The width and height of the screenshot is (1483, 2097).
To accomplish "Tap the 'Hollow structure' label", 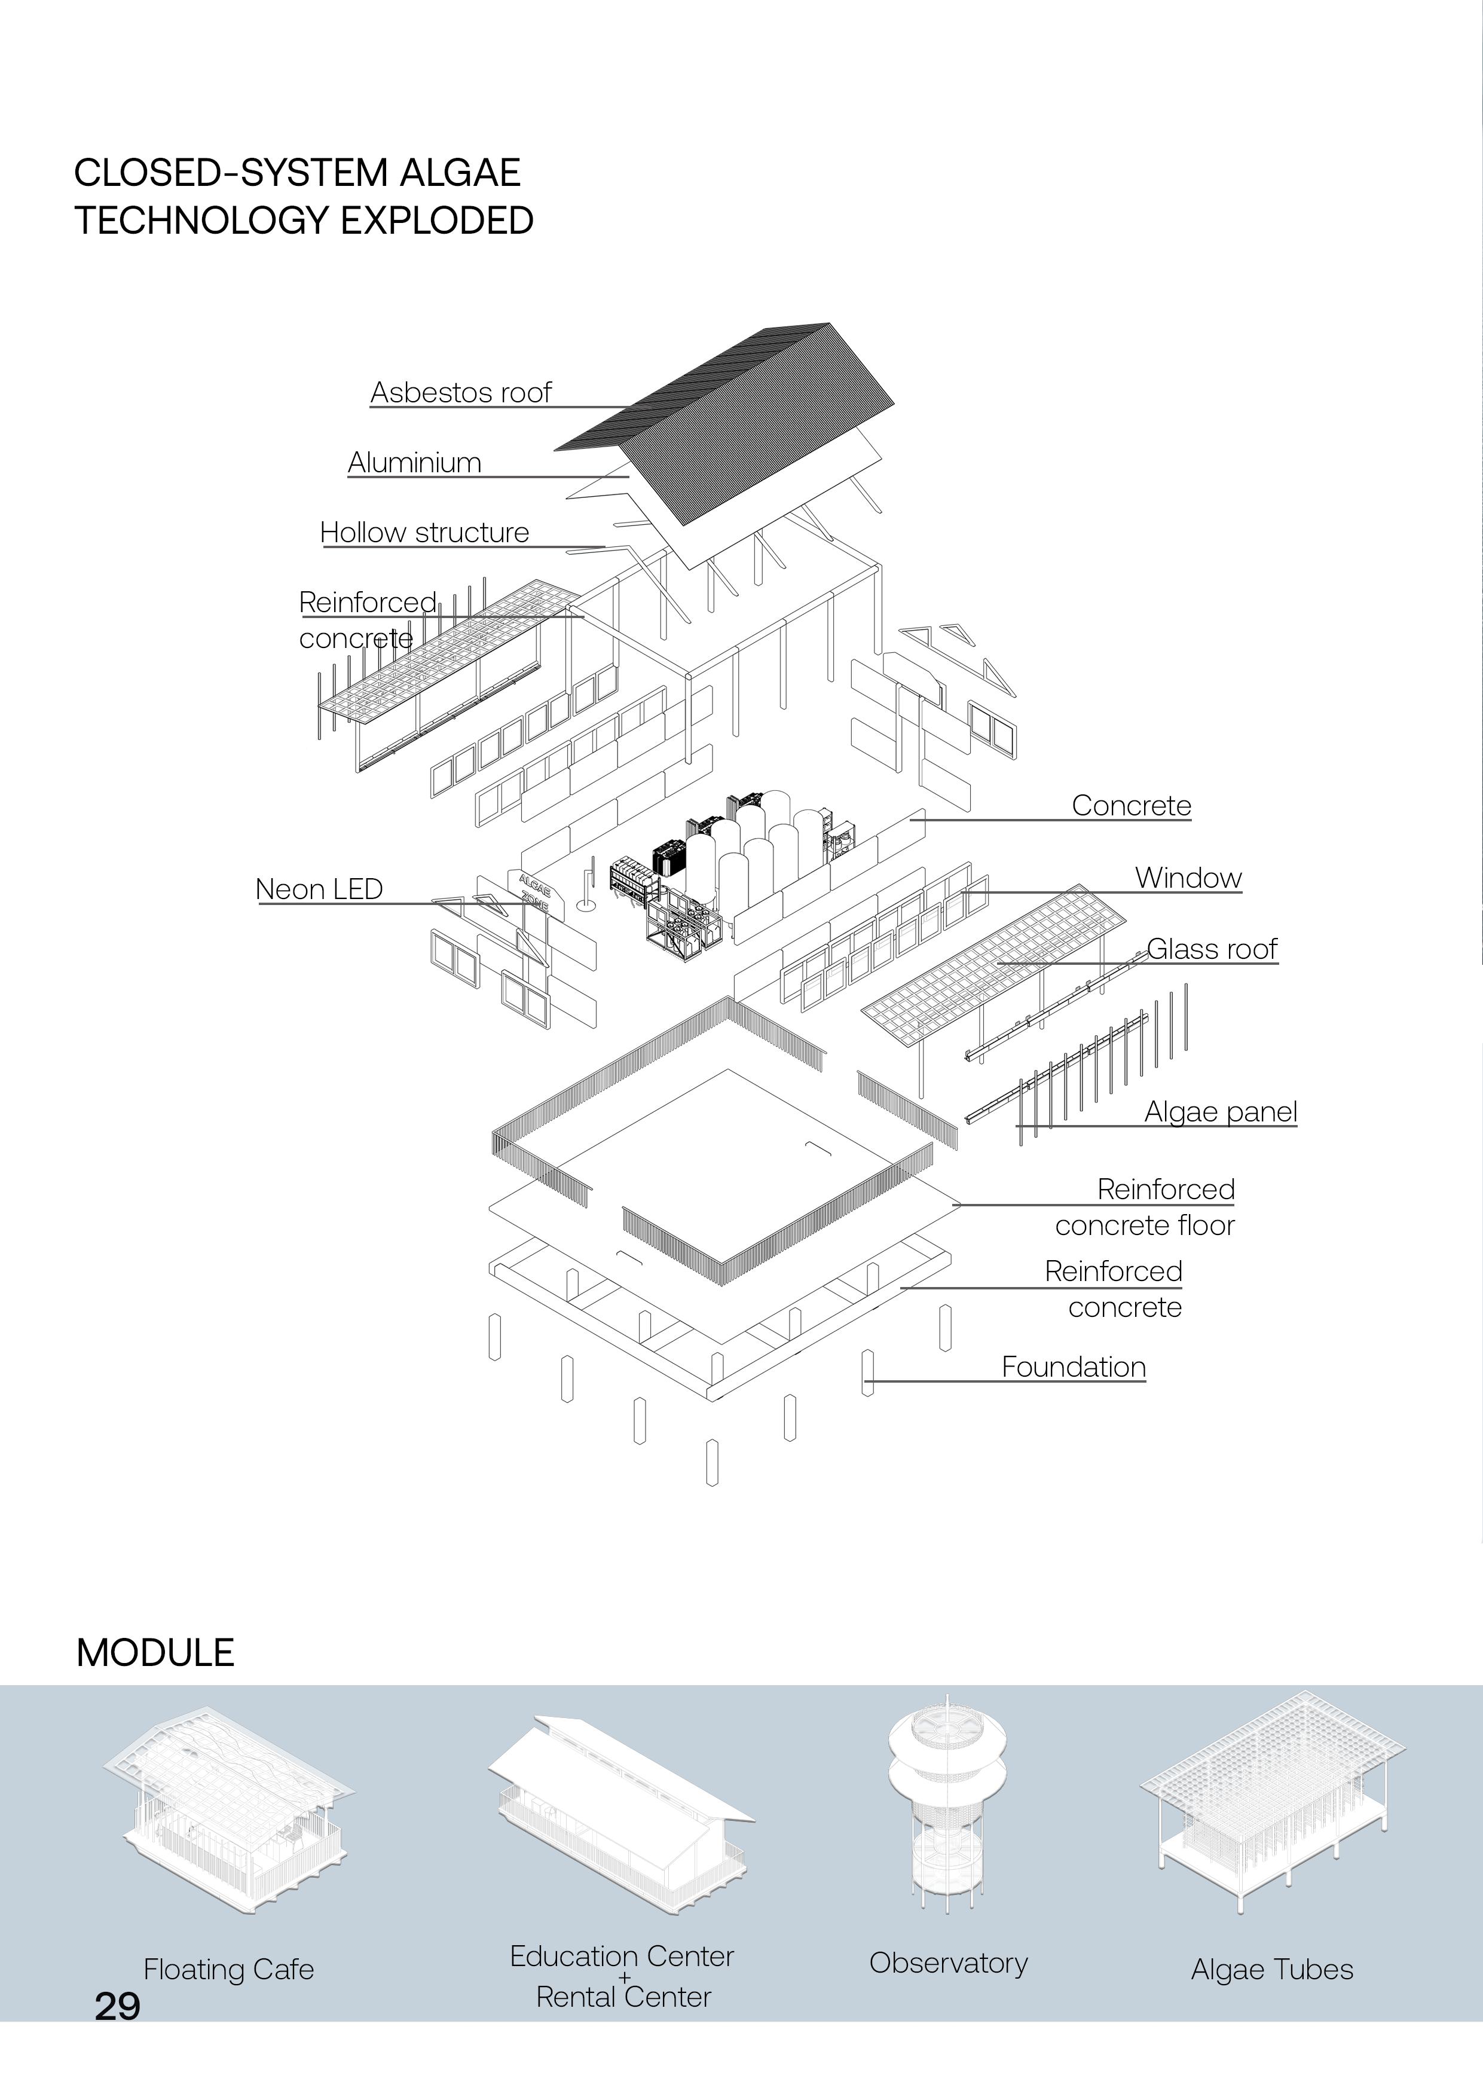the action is tap(424, 533).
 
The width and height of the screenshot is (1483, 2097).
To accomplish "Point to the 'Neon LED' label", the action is tap(319, 889).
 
